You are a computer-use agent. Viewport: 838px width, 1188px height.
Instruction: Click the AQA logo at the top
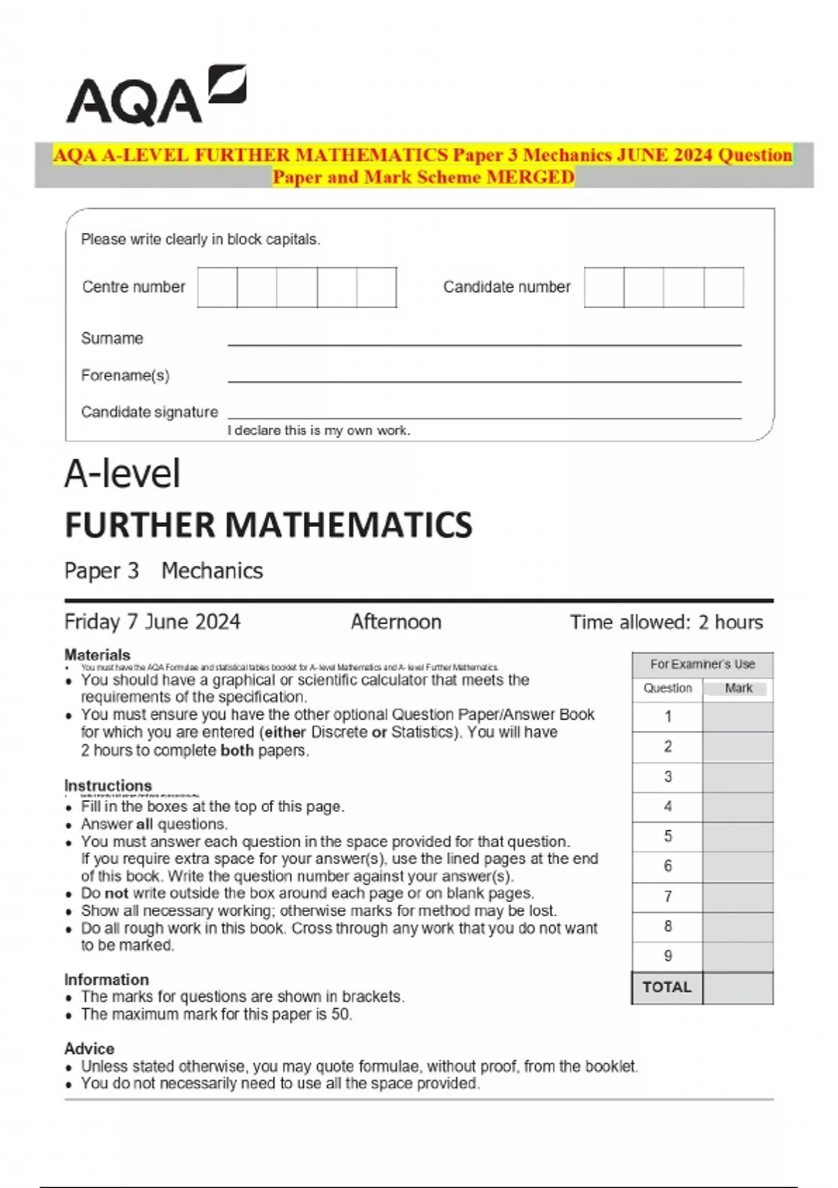pyautogui.click(x=156, y=96)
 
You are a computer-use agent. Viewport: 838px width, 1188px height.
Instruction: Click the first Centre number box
pyautogui.click(x=217, y=287)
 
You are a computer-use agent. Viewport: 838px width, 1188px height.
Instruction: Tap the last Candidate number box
pyautogui.click(x=723, y=287)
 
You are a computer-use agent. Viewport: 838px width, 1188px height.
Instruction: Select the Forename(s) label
pyautogui.click(x=125, y=375)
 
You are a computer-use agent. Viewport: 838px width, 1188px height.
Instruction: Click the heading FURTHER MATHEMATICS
pyautogui.click(x=268, y=525)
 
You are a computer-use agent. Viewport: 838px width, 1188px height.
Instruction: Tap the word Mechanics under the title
pyautogui.click(x=212, y=571)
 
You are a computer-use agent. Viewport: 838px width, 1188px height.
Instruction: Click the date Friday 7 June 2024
pyautogui.click(x=152, y=621)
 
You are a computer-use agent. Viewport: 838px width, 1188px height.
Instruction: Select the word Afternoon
pyautogui.click(x=396, y=621)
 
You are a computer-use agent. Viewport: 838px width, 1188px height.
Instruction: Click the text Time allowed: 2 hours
pyautogui.click(x=666, y=622)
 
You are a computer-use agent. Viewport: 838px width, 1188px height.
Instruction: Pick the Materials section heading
pyautogui.click(x=97, y=655)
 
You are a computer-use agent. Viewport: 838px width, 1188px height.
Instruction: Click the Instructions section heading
pyautogui.click(x=108, y=785)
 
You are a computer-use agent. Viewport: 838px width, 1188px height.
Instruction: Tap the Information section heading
pyautogui.click(x=106, y=979)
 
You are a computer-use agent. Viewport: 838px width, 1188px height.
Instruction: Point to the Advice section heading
pyautogui.click(x=89, y=1048)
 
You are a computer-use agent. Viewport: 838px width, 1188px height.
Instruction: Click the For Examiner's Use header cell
pyautogui.click(x=703, y=664)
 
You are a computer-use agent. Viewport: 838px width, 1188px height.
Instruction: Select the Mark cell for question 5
pyautogui.click(x=737, y=836)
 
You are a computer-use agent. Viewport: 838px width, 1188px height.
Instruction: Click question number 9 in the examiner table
pyautogui.click(x=668, y=956)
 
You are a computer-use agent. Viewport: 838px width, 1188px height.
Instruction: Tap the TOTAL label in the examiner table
pyautogui.click(x=667, y=987)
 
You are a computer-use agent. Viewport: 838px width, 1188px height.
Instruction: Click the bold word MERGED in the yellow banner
pyautogui.click(x=530, y=177)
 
